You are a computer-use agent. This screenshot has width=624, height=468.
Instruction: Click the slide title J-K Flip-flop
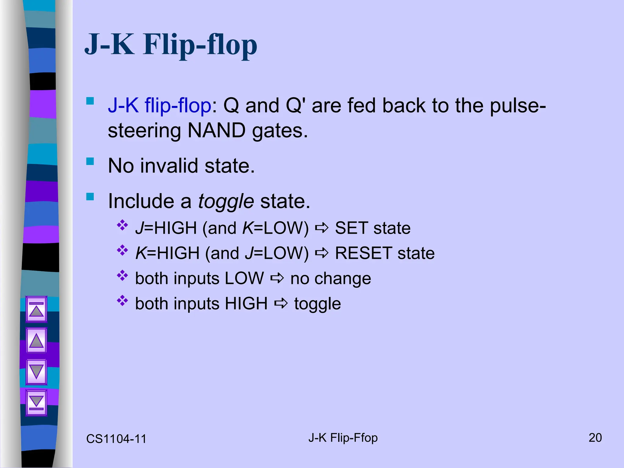171,45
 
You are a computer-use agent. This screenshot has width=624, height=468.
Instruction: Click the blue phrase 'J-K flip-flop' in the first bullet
159,105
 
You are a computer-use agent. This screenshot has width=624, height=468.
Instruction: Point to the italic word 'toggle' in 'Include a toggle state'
226,201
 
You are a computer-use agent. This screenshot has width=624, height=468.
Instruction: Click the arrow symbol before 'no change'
277,278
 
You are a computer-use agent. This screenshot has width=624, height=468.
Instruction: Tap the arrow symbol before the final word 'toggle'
281,303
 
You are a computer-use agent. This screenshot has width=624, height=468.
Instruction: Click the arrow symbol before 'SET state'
322,228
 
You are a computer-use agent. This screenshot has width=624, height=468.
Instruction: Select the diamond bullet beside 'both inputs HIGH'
122,301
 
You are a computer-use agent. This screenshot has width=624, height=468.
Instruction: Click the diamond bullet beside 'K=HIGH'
122,250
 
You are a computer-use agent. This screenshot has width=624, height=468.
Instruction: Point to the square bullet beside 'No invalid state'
90,161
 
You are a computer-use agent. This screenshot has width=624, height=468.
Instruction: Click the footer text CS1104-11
116,439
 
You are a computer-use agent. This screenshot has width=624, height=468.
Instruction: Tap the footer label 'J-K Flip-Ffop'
343,438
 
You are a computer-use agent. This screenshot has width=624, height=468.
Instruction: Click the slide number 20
595,438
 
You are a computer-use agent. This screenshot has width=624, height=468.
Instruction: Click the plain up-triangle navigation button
37,340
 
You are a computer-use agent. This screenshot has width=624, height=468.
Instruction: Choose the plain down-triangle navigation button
37,372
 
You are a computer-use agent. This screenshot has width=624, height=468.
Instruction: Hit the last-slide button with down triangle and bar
37,402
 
